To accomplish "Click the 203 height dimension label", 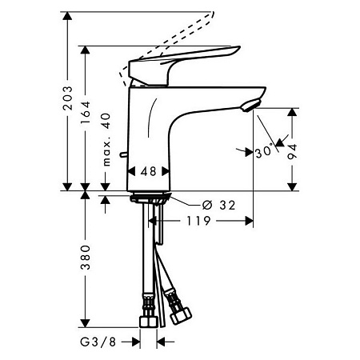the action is (x=67, y=98).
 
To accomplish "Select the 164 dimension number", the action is (x=86, y=112).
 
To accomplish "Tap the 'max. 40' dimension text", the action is (x=106, y=139).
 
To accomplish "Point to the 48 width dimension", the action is (x=148, y=171).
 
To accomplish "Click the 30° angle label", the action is (x=264, y=152).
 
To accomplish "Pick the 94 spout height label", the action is (x=292, y=151).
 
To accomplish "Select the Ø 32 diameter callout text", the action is (x=218, y=205).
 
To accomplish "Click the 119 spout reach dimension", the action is (x=198, y=221).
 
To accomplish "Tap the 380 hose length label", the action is (x=86, y=258).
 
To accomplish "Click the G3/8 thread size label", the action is (x=98, y=342).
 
